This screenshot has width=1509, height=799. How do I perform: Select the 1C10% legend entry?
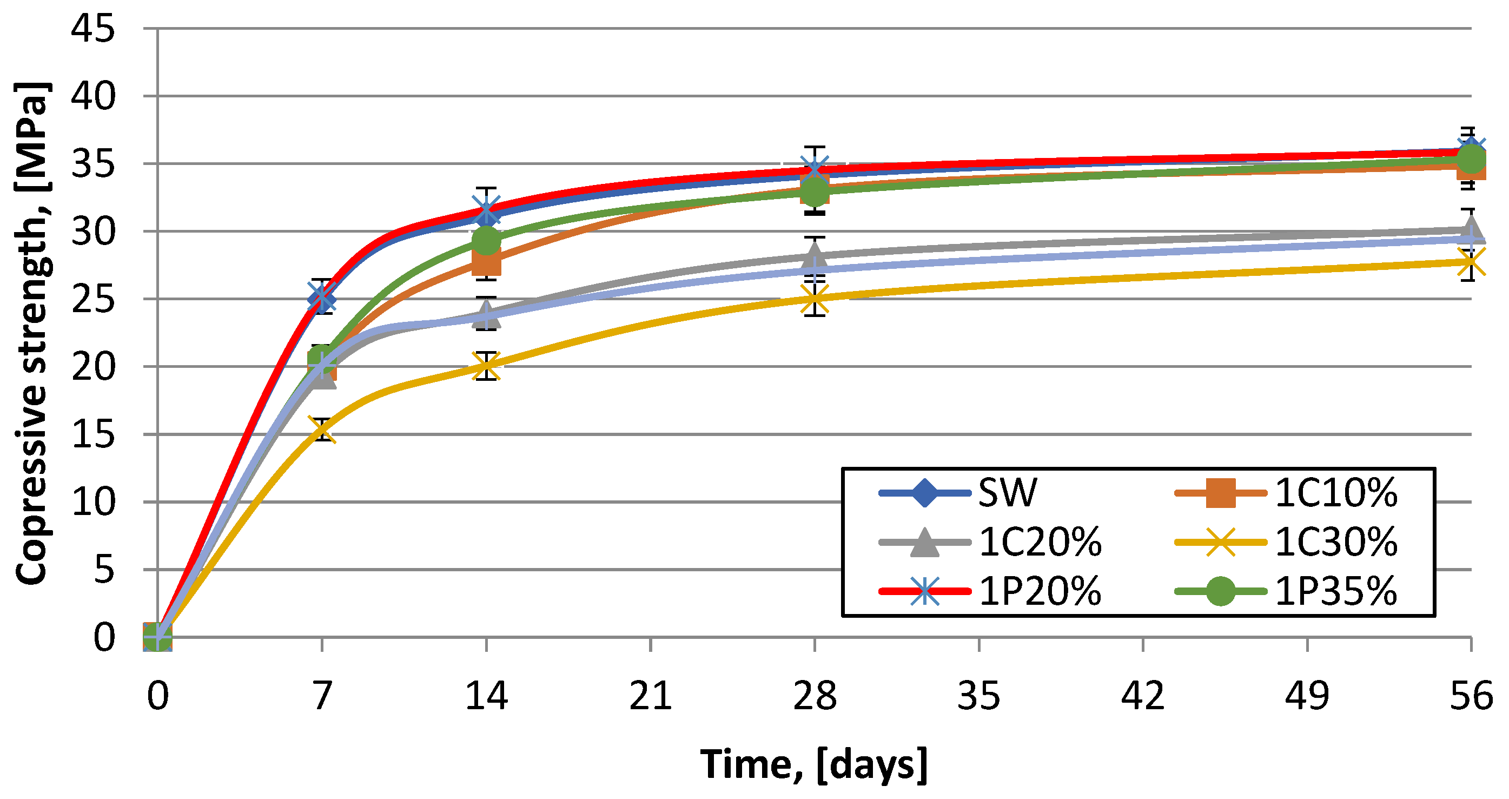click(1286, 493)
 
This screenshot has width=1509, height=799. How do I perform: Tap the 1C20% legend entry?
click(990, 542)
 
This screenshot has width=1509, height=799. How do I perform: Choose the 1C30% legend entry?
click(1286, 542)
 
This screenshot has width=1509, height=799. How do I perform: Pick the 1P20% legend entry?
click(990, 591)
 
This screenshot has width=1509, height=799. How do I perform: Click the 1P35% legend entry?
click(1286, 591)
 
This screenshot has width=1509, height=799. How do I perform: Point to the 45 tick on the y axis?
click(92, 28)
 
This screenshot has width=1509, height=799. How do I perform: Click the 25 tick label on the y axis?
click(92, 299)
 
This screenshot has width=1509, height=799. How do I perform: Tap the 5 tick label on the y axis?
click(104, 570)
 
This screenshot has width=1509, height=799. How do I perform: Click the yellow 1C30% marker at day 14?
click(486, 366)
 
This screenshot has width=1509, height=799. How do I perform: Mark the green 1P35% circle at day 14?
click(486, 240)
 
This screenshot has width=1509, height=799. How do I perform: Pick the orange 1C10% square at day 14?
click(486, 262)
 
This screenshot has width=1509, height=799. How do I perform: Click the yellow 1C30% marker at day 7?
click(322, 431)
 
